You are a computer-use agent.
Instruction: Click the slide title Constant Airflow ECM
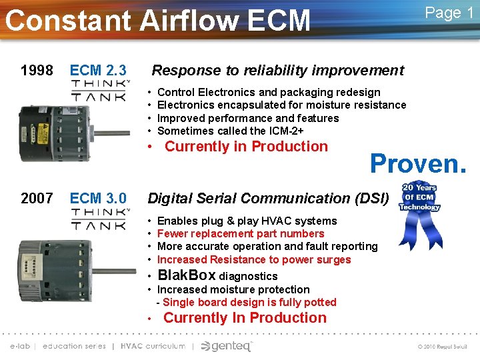point(158,20)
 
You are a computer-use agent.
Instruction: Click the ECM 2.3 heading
point(98,70)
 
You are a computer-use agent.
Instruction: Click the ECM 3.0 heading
point(98,198)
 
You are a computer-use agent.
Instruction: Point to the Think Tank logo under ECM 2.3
point(100,91)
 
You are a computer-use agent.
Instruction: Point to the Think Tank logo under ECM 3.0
point(100,219)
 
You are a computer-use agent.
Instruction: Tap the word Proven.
point(418,163)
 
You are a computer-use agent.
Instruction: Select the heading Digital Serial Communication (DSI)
point(267,198)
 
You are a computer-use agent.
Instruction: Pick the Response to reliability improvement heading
point(278,70)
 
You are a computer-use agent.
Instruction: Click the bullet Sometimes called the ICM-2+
point(230,131)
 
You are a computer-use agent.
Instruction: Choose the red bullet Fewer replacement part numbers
point(240,233)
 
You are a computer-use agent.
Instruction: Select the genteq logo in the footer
point(227,346)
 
